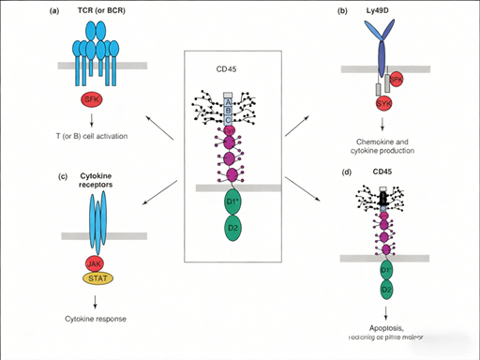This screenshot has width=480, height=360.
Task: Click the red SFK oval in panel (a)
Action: [x=92, y=97]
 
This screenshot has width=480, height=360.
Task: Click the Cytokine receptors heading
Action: [x=92, y=180]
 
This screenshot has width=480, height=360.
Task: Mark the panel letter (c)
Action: [x=14, y=174]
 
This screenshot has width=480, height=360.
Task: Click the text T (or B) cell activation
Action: [x=91, y=136]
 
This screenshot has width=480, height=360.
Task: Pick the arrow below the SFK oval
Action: [x=92, y=117]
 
